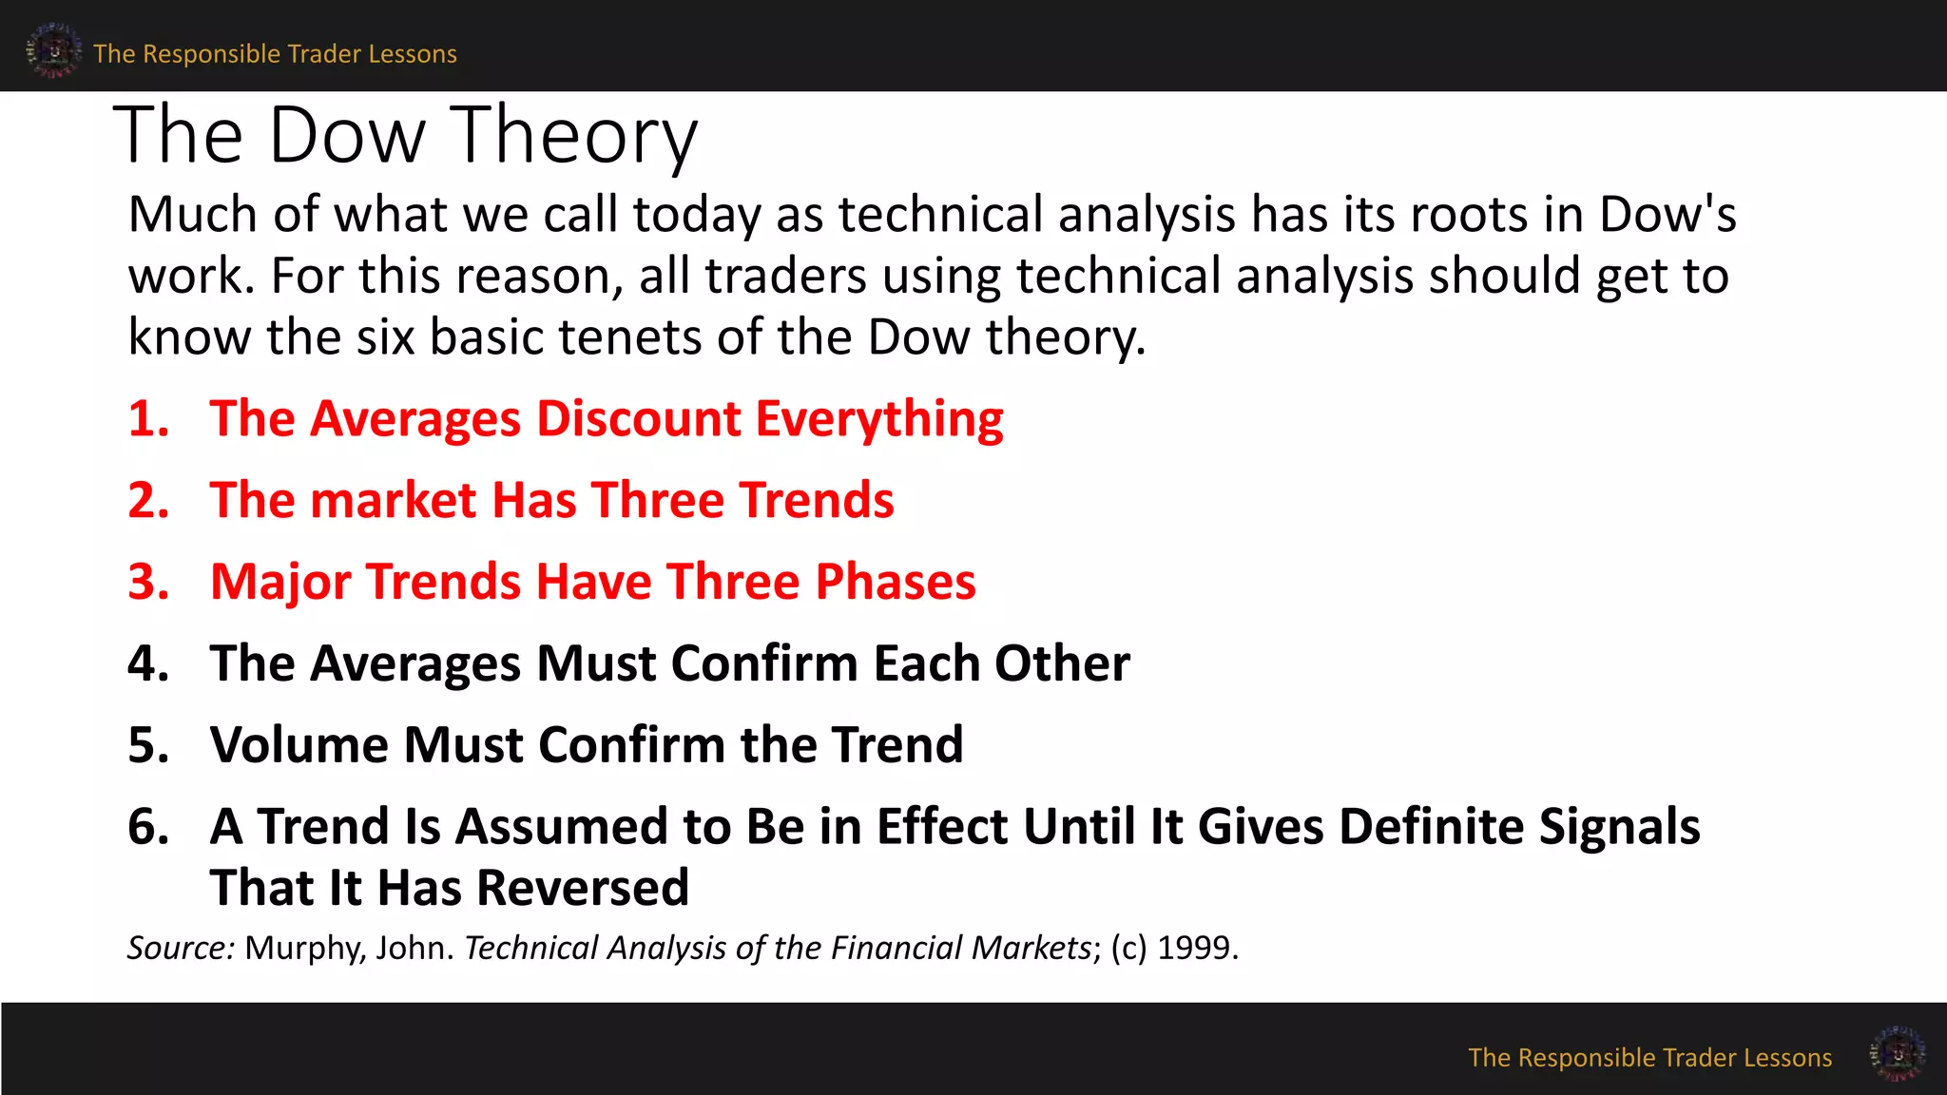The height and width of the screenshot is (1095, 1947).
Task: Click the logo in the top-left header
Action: tap(53, 50)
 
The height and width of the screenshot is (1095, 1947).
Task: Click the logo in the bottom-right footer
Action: tap(1898, 1053)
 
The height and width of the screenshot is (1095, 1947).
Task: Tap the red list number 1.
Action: tap(148, 419)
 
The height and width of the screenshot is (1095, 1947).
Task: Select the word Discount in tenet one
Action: tap(638, 419)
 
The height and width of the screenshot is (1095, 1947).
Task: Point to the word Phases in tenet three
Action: tap(895, 582)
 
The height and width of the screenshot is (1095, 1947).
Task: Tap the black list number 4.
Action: tap(148, 663)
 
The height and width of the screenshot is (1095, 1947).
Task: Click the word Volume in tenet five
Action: tap(299, 744)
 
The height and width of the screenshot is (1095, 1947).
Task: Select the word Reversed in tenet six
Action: tap(582, 889)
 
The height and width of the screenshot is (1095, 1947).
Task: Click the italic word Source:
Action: tap(181, 949)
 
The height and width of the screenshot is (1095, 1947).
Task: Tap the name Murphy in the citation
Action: tap(304, 949)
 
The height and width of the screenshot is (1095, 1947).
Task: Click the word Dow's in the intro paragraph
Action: tap(1667, 215)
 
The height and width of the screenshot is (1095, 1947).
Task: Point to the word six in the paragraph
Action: tap(385, 337)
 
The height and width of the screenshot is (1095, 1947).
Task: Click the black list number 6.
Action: tap(148, 827)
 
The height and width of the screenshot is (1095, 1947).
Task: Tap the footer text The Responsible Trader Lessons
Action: tap(1649, 1058)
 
